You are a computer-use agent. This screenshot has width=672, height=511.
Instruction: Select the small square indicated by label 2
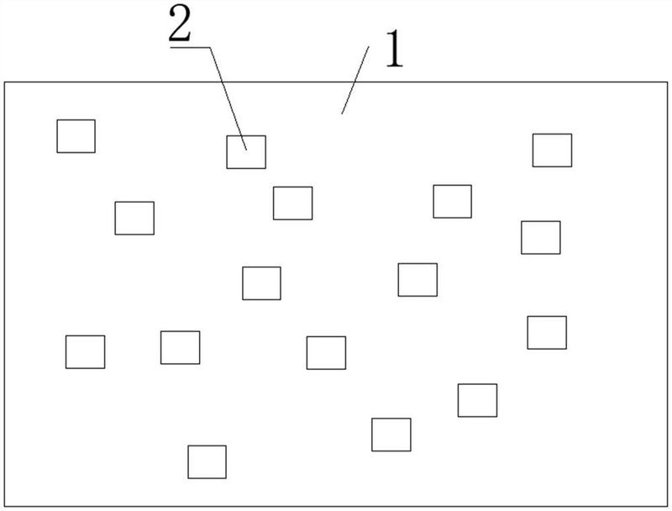(x=246, y=152)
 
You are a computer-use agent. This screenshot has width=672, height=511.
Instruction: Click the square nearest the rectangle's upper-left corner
(x=76, y=136)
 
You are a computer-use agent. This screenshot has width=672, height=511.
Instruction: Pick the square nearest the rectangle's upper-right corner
(x=552, y=150)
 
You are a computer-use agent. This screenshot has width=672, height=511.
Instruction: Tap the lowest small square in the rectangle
(x=207, y=461)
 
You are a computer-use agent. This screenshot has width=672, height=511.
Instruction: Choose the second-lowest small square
(x=391, y=435)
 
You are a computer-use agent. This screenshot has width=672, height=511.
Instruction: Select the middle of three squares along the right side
(x=540, y=237)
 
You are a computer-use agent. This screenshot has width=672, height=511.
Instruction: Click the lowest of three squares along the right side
(x=547, y=332)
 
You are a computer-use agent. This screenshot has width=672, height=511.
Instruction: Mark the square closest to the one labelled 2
(x=292, y=203)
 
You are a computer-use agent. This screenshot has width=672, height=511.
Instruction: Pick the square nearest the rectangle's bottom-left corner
(x=85, y=351)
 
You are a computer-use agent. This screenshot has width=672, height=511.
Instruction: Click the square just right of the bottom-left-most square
(x=180, y=347)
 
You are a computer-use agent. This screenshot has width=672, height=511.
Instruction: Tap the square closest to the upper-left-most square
(x=134, y=218)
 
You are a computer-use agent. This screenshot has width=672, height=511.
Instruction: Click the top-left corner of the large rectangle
(x=5, y=82)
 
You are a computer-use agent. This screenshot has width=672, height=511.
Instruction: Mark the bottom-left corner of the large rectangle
(x=5, y=507)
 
